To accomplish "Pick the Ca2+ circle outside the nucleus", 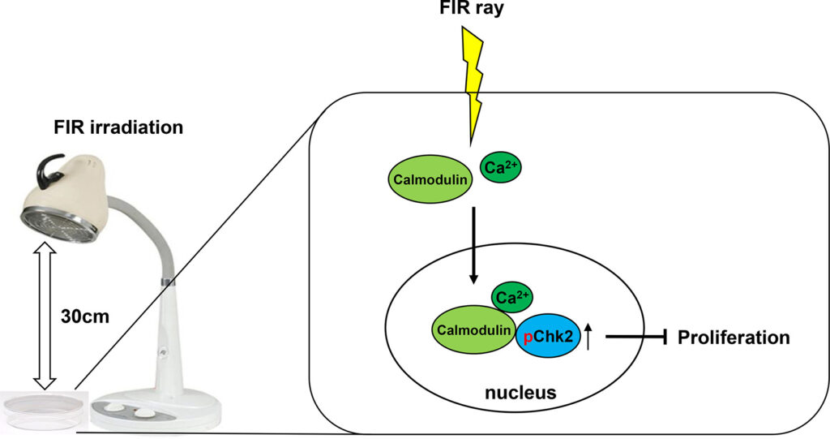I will [501, 168].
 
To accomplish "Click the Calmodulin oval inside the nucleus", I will [473, 330].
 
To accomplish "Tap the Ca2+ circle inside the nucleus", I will [514, 298].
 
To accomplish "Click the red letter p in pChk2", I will [528, 336].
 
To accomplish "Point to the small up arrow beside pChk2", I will [589, 335].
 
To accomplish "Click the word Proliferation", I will [733, 337].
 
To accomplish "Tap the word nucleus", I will [520, 394].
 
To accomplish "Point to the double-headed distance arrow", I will [41, 316].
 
